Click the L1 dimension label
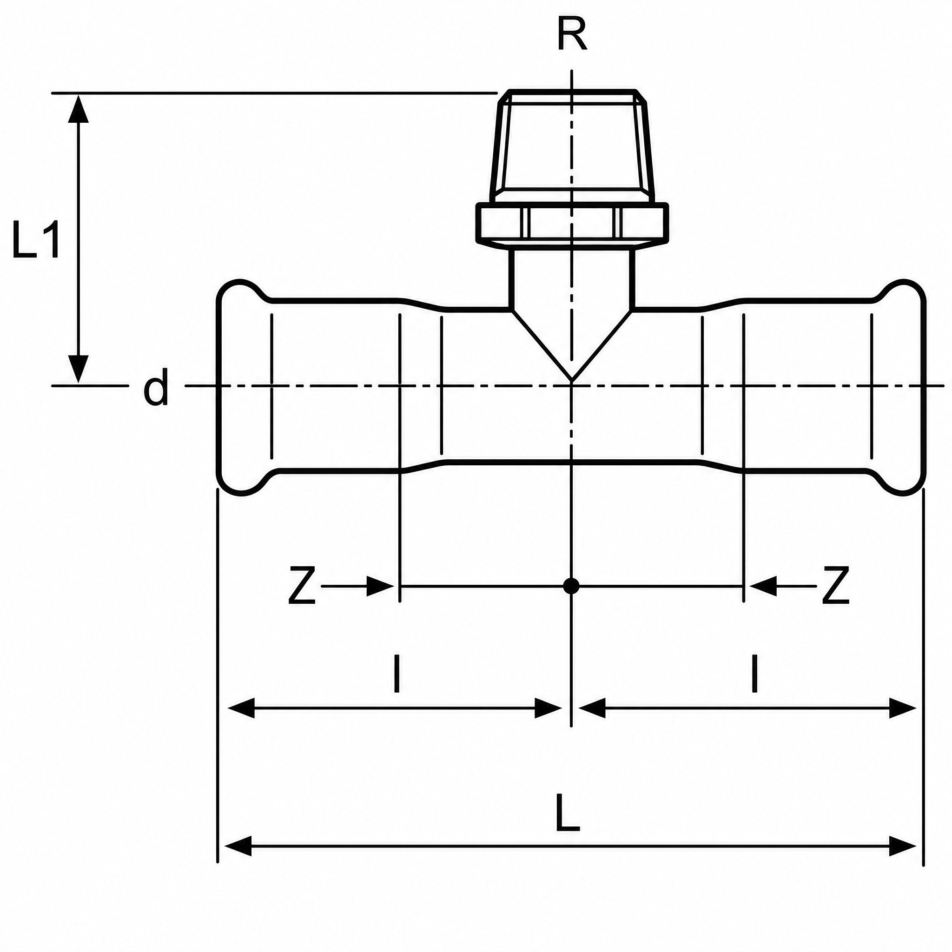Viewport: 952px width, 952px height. (36, 240)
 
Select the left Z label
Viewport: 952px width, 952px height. (302, 585)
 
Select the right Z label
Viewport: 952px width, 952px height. (836, 585)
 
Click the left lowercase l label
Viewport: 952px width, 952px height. (397, 673)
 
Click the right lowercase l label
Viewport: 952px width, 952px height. (754, 673)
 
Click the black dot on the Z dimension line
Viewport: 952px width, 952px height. (571, 586)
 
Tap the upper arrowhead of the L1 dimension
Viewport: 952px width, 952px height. (79, 108)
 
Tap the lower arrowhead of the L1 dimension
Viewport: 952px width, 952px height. (79, 369)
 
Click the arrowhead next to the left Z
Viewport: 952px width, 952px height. (380, 586)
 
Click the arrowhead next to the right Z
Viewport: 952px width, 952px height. (763, 586)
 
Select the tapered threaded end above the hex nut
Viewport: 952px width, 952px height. (572, 146)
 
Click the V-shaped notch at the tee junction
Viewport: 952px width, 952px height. (572, 345)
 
